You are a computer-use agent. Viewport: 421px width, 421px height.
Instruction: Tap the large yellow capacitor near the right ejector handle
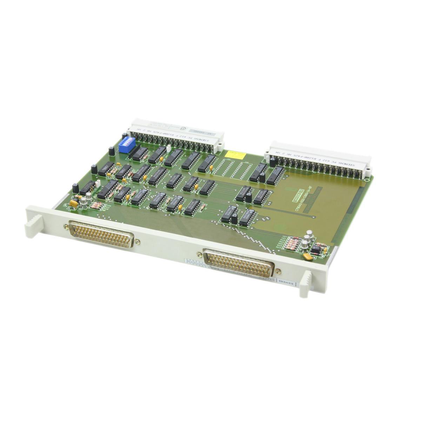(x=308, y=257)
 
